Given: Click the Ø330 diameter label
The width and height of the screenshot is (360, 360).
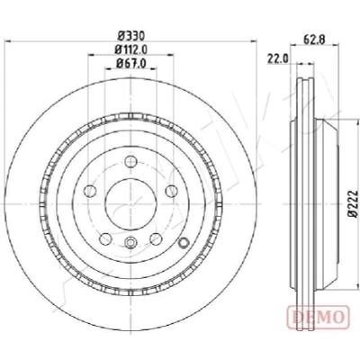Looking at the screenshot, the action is [x=131, y=36].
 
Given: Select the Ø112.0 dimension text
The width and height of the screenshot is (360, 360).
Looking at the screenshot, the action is [x=131, y=49].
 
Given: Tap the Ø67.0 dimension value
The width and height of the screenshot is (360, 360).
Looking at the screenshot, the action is [x=131, y=63].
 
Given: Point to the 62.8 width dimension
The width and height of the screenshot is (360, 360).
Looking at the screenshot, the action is [x=314, y=40].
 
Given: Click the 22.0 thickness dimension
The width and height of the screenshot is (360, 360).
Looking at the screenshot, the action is [x=277, y=58].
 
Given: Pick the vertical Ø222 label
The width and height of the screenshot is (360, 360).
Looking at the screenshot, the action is [x=354, y=203].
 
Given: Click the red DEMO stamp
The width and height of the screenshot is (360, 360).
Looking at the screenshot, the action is [x=319, y=316].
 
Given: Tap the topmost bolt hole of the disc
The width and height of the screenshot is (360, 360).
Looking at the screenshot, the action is [x=130, y=162].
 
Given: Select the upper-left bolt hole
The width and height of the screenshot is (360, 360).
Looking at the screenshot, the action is [x=90, y=191].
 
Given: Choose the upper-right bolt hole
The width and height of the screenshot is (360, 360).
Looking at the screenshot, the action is [x=171, y=191].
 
